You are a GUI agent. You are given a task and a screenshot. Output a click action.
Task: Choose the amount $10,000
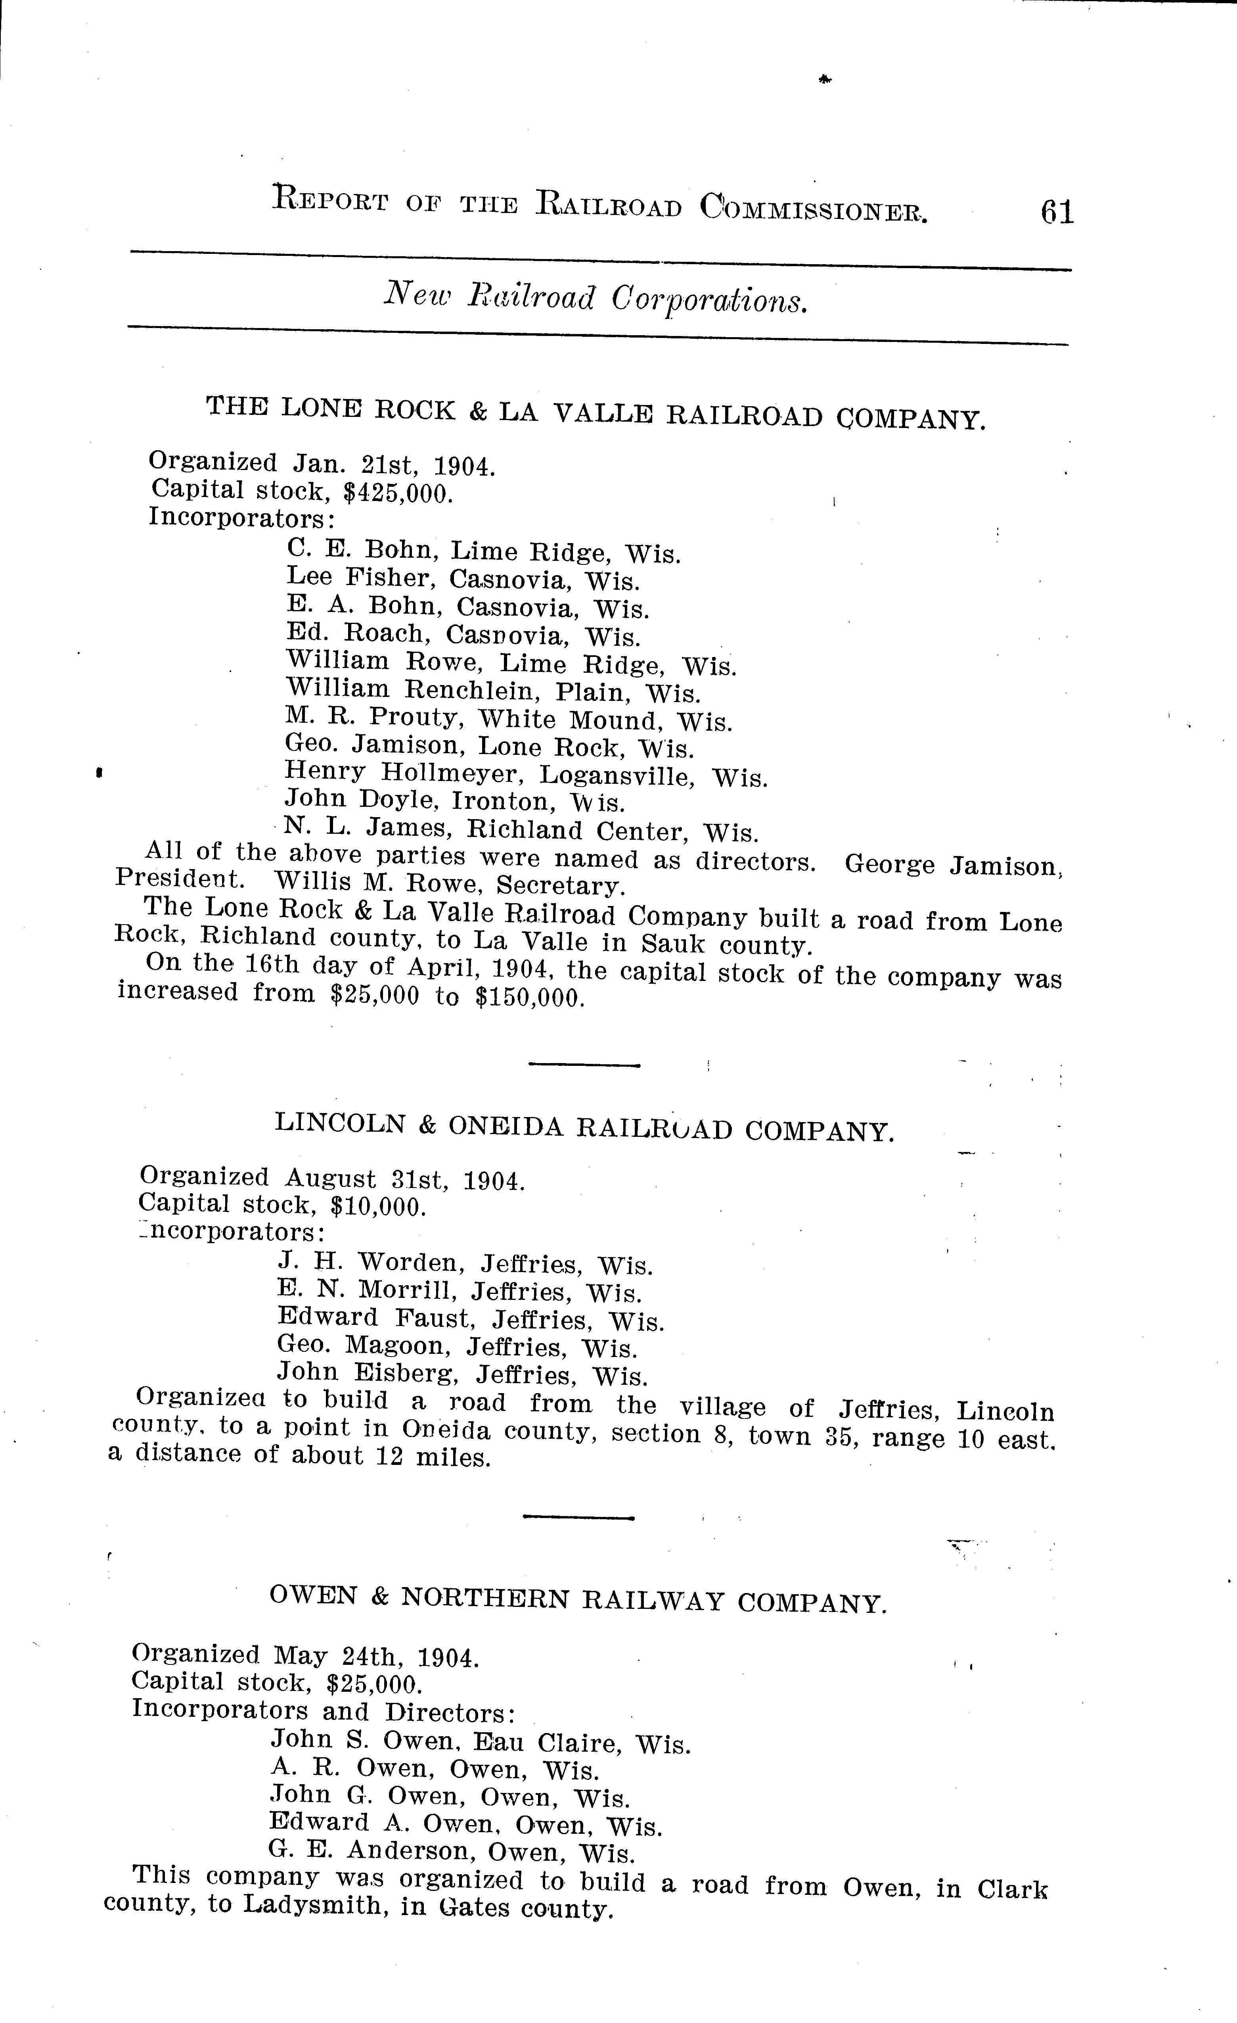pyautogui.click(x=377, y=1206)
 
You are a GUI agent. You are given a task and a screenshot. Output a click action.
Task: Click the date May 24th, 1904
pyautogui.click(x=376, y=1657)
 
